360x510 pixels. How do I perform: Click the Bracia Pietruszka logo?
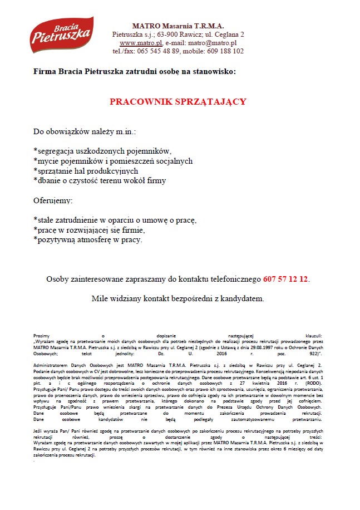click(x=62, y=35)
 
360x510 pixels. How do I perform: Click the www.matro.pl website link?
click(x=141, y=42)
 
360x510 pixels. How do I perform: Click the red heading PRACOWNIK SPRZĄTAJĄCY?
click(x=178, y=102)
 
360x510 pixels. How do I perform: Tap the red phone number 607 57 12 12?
click(x=285, y=278)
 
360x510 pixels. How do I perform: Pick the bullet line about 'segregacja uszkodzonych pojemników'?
click(x=103, y=151)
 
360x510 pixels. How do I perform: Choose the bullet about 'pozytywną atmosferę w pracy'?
click(x=88, y=240)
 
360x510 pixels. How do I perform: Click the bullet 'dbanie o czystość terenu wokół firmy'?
click(x=100, y=180)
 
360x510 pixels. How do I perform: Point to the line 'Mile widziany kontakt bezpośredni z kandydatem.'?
click(x=177, y=298)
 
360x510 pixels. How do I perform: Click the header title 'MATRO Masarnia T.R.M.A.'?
click(x=177, y=26)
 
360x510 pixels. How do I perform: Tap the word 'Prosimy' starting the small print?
click(x=42, y=336)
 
